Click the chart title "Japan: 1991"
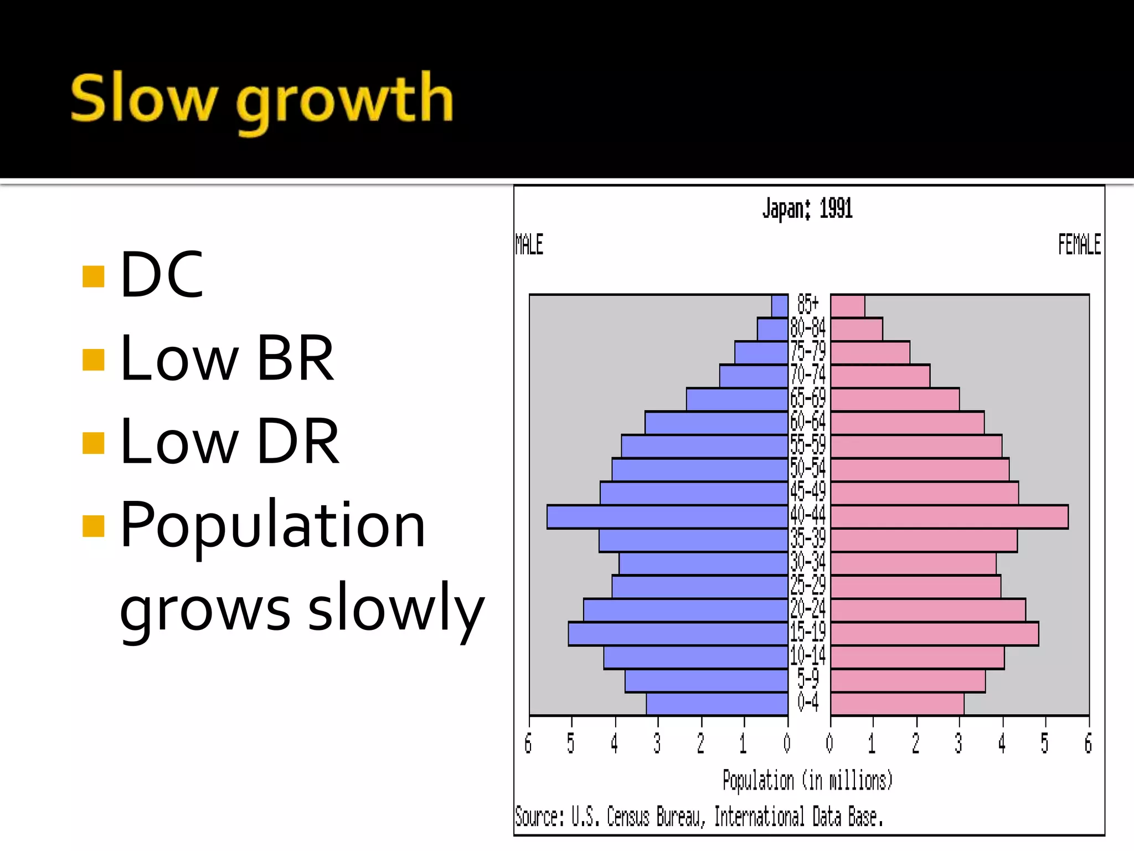[807, 209]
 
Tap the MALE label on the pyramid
[529, 244]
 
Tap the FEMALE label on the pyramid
[1079, 244]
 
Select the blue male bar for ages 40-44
[667, 517]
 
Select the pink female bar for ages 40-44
[949, 517]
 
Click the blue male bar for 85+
[780, 306]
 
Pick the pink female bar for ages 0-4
[897, 704]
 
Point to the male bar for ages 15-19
[678, 634]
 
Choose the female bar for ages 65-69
[895, 399]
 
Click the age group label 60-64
[808, 422]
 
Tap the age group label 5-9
[808, 679]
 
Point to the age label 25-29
[808, 586]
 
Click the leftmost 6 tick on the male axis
[528, 744]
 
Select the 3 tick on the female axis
[958, 744]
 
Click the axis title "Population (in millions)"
[807, 781]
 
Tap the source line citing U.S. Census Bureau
[699, 817]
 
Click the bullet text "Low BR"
[227, 358]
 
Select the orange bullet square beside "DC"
[93, 276]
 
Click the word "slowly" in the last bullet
[396, 608]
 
